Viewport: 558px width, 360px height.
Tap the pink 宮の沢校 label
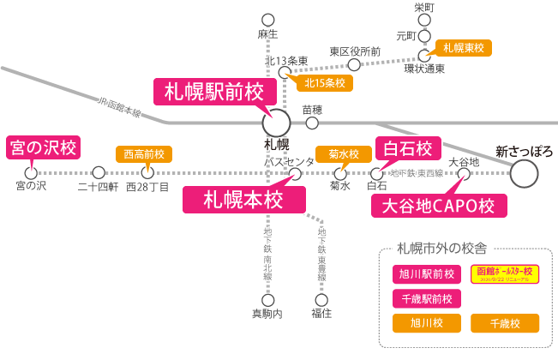point(42,147)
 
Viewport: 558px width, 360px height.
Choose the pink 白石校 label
point(408,147)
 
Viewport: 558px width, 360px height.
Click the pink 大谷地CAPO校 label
point(437,206)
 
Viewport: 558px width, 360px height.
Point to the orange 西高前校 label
point(144,154)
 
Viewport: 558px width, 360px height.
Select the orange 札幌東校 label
point(462,48)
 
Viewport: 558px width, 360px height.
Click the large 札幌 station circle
point(277,121)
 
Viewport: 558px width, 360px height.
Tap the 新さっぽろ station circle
point(524,174)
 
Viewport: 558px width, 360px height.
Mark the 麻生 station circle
point(268,19)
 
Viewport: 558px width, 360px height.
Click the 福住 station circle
point(321,300)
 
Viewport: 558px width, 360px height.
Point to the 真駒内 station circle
point(268,300)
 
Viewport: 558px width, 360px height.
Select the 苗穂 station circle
point(312,123)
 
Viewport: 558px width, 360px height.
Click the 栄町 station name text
point(424,7)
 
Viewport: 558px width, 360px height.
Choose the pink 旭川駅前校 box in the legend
point(427,274)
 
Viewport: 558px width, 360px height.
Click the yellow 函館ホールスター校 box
point(504,274)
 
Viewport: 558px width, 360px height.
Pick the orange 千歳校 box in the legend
point(504,323)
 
